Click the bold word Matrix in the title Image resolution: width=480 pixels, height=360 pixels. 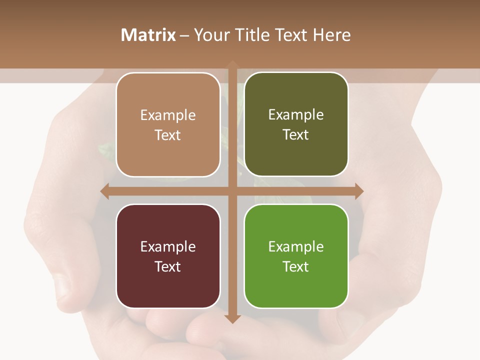[148, 35]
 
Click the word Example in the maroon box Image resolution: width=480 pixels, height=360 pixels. [168, 246]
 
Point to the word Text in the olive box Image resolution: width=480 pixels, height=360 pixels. [296, 135]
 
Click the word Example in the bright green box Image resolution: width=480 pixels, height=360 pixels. [296, 246]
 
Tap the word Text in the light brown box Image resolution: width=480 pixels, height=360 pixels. [168, 135]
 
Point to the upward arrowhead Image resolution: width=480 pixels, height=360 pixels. [232, 64]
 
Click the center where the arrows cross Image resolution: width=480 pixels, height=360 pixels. [232, 191]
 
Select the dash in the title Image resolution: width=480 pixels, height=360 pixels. [184, 35]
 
